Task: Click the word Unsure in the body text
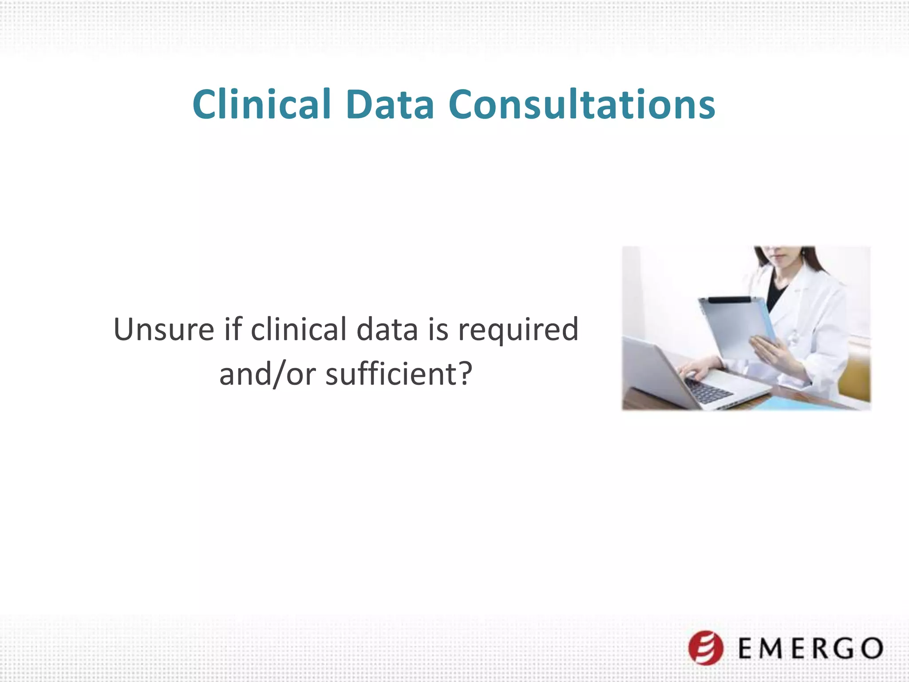164,329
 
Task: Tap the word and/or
267,375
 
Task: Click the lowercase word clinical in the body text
298,329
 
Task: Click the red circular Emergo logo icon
706,648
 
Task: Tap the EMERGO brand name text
810,648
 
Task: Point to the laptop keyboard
708,391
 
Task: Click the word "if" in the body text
233,329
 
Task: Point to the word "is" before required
438,329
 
